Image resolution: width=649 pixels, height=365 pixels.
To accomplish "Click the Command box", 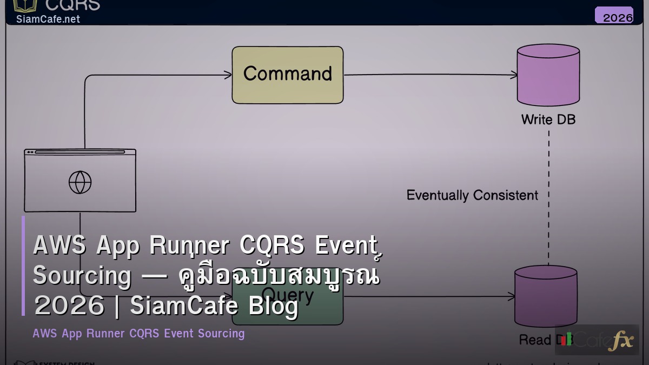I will (287, 75).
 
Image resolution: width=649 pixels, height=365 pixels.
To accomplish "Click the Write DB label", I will (548, 120).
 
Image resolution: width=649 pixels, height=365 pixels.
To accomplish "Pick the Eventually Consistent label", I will (472, 195).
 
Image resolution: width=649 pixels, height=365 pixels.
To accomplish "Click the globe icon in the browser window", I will (80, 182).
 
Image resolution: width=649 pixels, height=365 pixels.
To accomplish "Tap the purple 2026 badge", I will (614, 15).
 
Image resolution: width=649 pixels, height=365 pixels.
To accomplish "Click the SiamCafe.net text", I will (48, 19).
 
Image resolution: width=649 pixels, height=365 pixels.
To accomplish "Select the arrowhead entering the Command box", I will (228, 75).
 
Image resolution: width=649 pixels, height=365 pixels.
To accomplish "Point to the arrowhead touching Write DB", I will (513, 75).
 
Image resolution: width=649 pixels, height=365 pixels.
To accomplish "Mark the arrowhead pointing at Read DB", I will (511, 296).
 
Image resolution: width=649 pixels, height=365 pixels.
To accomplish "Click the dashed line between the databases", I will (548, 162).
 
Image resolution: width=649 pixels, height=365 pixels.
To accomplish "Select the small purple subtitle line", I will (138, 334).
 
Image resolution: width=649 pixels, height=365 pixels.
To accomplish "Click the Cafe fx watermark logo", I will (597, 340).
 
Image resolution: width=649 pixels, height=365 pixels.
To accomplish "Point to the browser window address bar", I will (80, 152).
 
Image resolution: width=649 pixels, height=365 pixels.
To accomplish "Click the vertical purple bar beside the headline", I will (23, 266).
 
